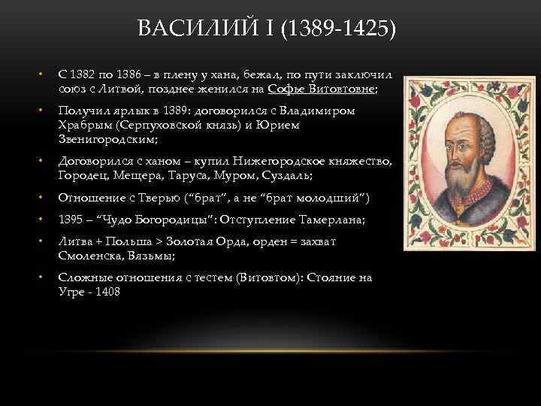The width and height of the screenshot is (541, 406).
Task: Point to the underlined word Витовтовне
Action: pyautogui.click(x=343, y=89)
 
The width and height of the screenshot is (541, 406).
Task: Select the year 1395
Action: pyautogui.click(x=71, y=220)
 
